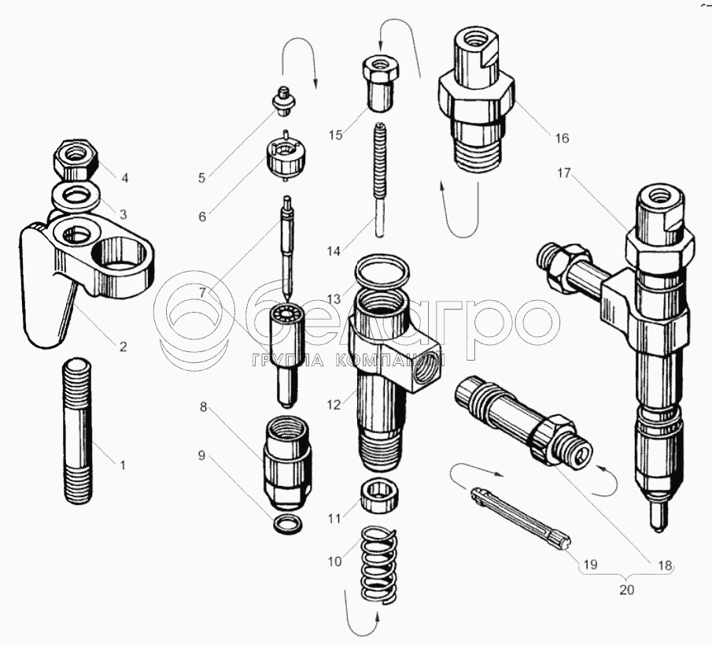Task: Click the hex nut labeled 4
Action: click(x=75, y=160)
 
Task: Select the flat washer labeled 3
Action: click(x=75, y=196)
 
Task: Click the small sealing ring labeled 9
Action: click(x=288, y=524)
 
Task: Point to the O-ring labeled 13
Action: click(x=382, y=272)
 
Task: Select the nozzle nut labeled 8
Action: click(x=286, y=464)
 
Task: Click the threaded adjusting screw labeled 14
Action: click(x=380, y=180)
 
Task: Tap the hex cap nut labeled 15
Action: click(x=381, y=83)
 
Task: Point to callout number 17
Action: click(x=563, y=173)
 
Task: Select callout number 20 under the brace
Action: click(x=626, y=590)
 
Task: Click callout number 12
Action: click(x=334, y=405)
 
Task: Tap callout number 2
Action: click(x=123, y=347)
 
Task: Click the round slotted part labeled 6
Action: click(x=286, y=157)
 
